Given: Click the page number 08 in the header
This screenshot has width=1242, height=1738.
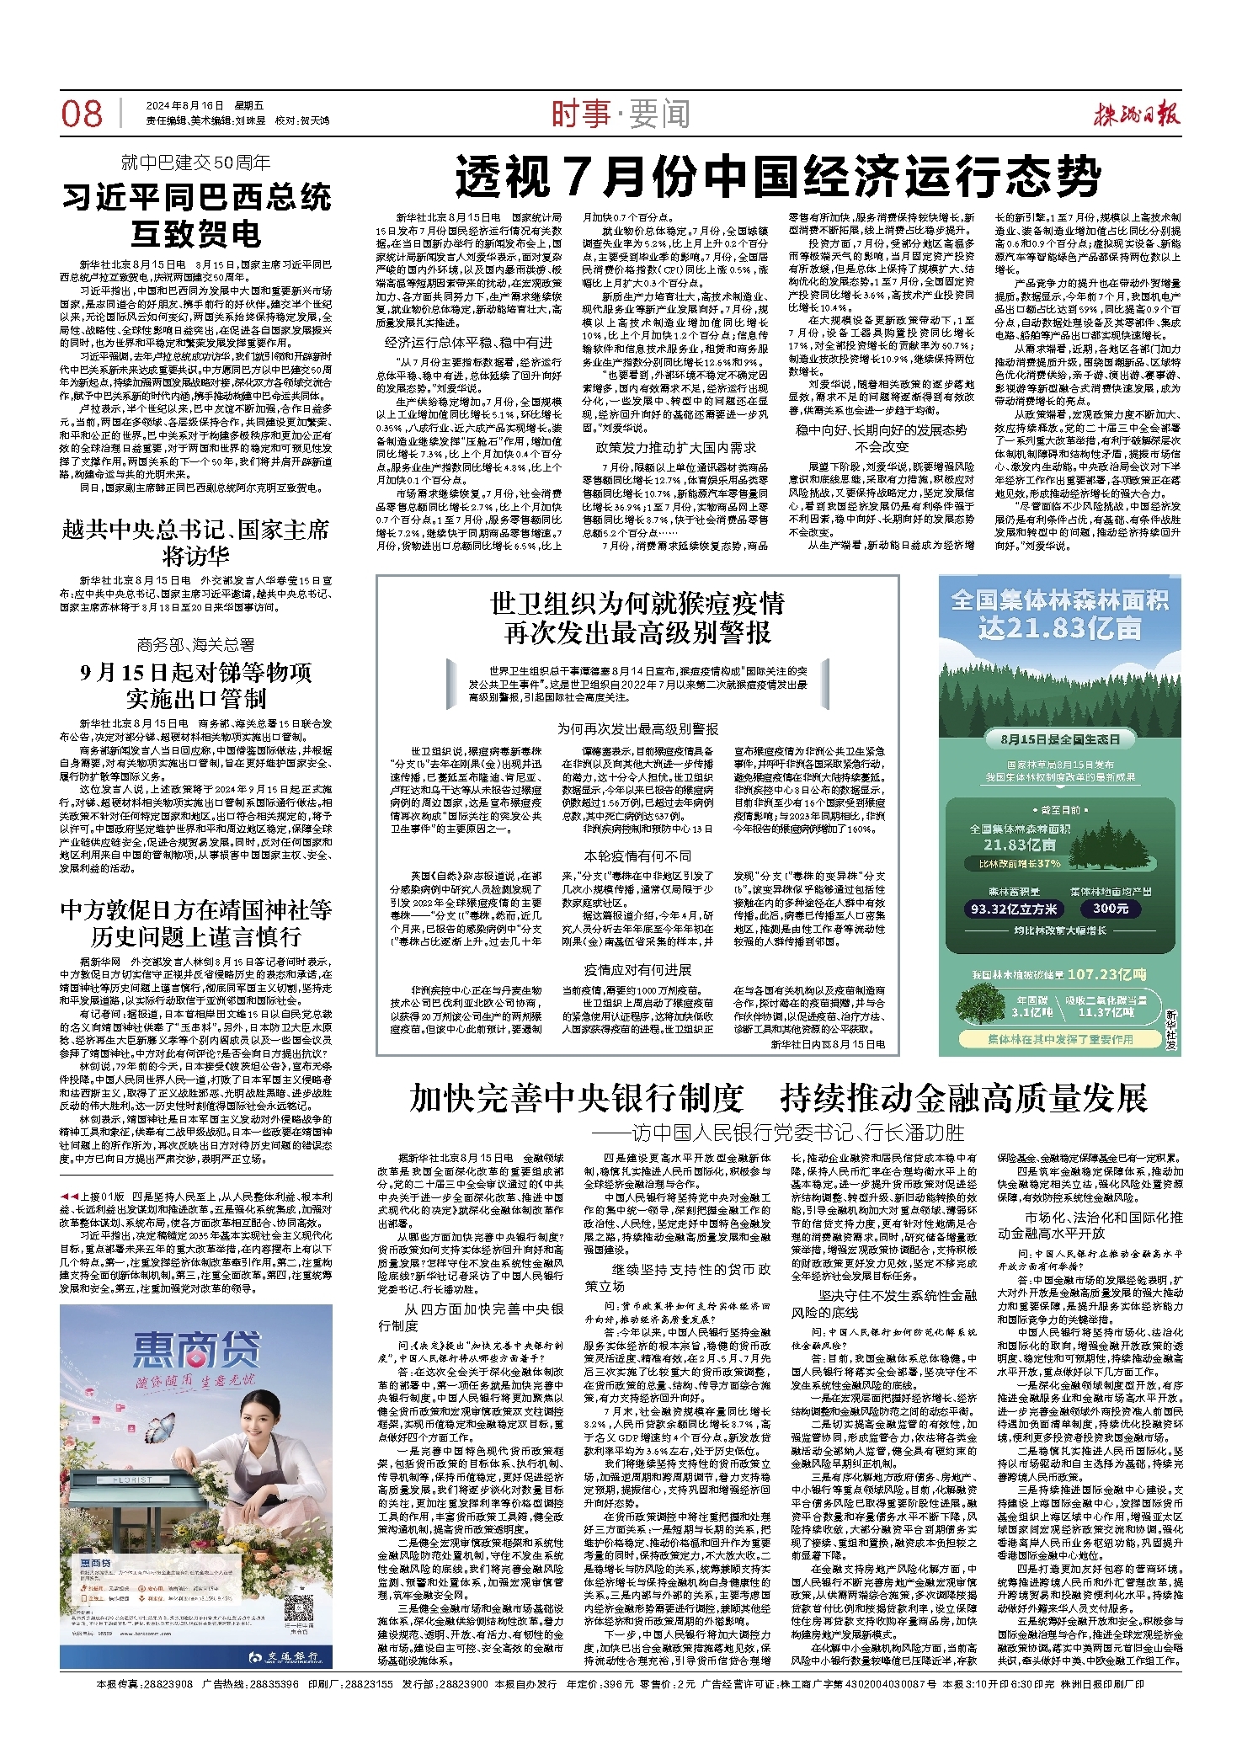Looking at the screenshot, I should (x=82, y=114).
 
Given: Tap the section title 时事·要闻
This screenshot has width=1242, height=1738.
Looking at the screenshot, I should (x=621, y=114).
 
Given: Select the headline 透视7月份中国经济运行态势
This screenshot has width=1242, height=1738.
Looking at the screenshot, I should (x=778, y=177).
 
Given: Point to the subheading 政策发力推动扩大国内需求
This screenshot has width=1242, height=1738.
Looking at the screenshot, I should (x=676, y=447).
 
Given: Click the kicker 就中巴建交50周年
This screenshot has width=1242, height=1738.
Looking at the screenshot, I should (x=195, y=163).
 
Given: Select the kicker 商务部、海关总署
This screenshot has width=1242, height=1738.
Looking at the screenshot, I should (x=195, y=644).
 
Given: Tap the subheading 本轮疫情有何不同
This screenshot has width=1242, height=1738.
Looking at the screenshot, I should (x=637, y=855).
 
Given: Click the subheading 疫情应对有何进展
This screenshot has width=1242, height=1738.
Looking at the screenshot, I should (x=637, y=970).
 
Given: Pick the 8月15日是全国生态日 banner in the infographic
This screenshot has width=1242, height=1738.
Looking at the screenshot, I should (x=1060, y=739).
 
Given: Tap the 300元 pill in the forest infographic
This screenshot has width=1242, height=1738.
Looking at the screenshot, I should (x=1111, y=909).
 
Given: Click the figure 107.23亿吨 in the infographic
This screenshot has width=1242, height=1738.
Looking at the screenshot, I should (x=1106, y=974).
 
